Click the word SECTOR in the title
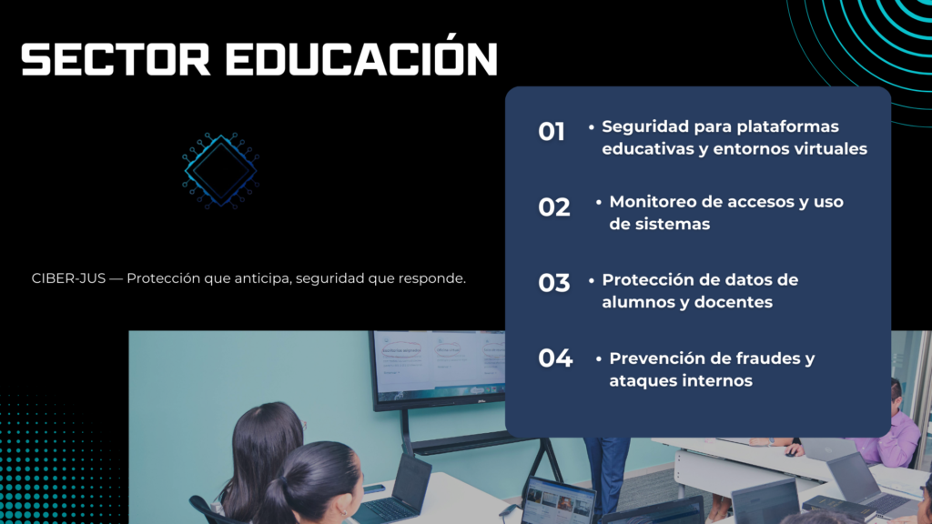coord(116,59)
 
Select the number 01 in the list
coord(551,132)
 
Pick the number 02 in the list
coord(554,207)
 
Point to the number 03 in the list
coord(554,283)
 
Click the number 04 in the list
coord(555,358)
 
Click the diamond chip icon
coord(220,170)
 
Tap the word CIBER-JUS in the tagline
coord(68,278)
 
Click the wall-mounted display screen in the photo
coord(438,369)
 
